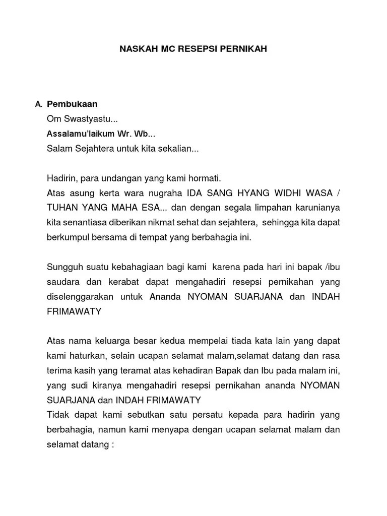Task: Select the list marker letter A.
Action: [x=37, y=105]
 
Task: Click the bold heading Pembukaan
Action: [x=72, y=104]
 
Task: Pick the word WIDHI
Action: [x=284, y=193]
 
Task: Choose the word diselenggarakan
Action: [x=80, y=297]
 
